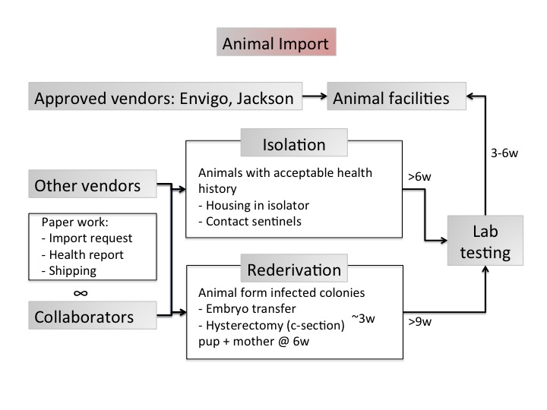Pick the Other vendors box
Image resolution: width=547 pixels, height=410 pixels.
(88, 185)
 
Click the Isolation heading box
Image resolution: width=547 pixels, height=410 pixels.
(293, 144)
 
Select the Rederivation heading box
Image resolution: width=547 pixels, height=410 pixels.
(293, 270)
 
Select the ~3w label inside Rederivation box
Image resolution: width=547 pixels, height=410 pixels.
(363, 318)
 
